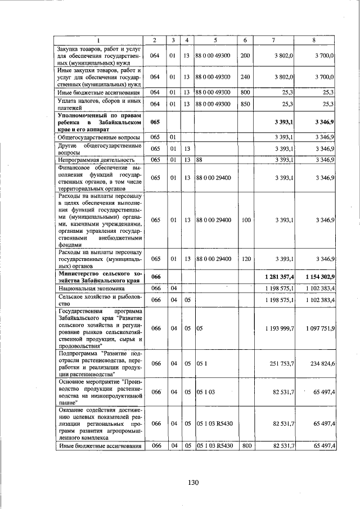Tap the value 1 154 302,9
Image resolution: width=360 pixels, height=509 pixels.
pyautogui.click(x=317, y=277)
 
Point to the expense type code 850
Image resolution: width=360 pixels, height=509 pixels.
pyautogui.click(x=245, y=104)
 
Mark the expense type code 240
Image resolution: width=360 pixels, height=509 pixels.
pyautogui.click(x=245, y=76)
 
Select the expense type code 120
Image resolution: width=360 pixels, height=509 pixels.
pyautogui.click(x=245, y=259)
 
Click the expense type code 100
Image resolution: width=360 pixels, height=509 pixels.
pyautogui.click(x=245, y=220)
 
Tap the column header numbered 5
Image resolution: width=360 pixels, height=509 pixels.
pyautogui.click(x=215, y=40)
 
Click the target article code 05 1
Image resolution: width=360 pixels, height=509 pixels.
pyautogui.click(x=202, y=364)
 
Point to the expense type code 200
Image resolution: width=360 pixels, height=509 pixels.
pyautogui.click(x=245, y=56)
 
